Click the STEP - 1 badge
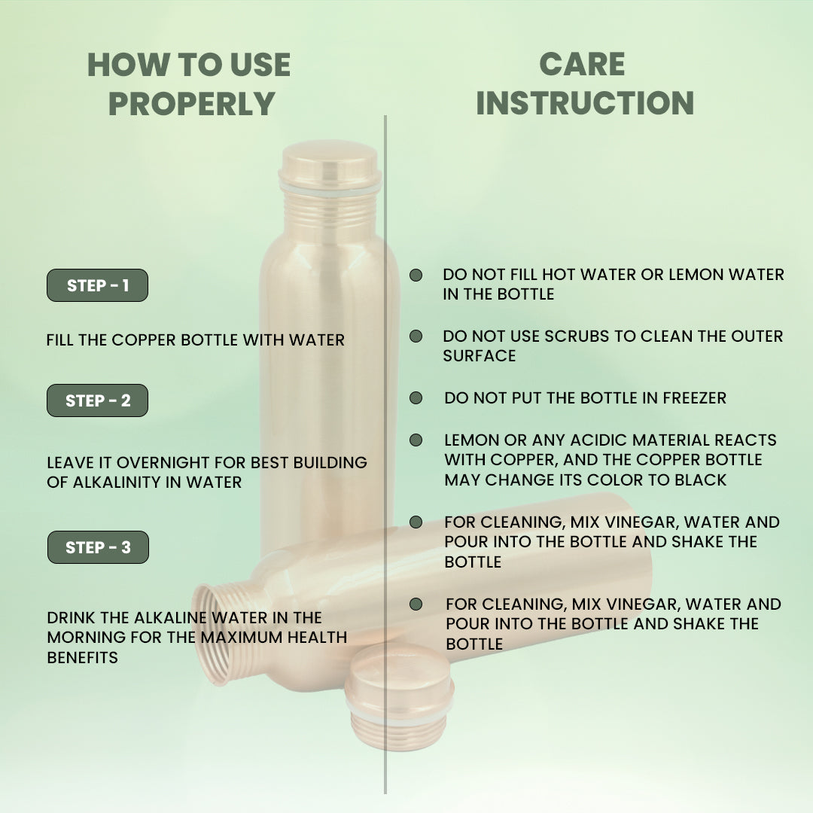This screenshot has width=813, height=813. click(97, 285)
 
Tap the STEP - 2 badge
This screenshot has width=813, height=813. click(97, 400)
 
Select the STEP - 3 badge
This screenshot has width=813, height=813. click(98, 547)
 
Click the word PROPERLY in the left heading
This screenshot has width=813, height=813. click(191, 104)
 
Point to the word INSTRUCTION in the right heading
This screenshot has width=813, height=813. click(584, 103)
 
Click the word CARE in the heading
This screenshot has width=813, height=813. click(583, 65)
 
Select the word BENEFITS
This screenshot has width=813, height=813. click(82, 657)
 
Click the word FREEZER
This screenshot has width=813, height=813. click(694, 398)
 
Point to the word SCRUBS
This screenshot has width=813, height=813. click(569, 336)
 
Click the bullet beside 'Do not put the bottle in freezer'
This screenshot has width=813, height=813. click(416, 397)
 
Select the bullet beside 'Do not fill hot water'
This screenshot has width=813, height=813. click(416, 276)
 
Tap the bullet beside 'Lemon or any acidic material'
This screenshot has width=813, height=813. click(416, 440)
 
